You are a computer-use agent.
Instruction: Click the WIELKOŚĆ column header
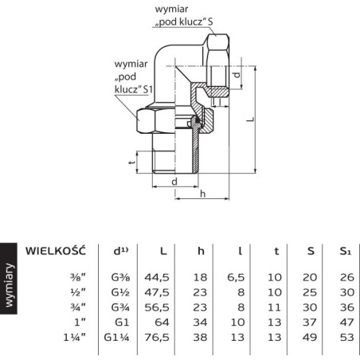point(56,250)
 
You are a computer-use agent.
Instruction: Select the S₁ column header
point(345,251)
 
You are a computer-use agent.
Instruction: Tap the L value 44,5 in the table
point(157,277)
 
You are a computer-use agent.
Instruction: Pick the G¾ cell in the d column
point(120,307)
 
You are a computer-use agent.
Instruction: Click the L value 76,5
point(157,337)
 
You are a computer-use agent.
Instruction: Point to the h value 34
point(200,323)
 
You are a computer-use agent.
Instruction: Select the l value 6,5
point(236,277)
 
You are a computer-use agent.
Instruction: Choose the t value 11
point(274,307)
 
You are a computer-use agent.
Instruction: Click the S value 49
point(310,337)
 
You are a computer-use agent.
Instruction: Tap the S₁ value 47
point(347,323)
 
